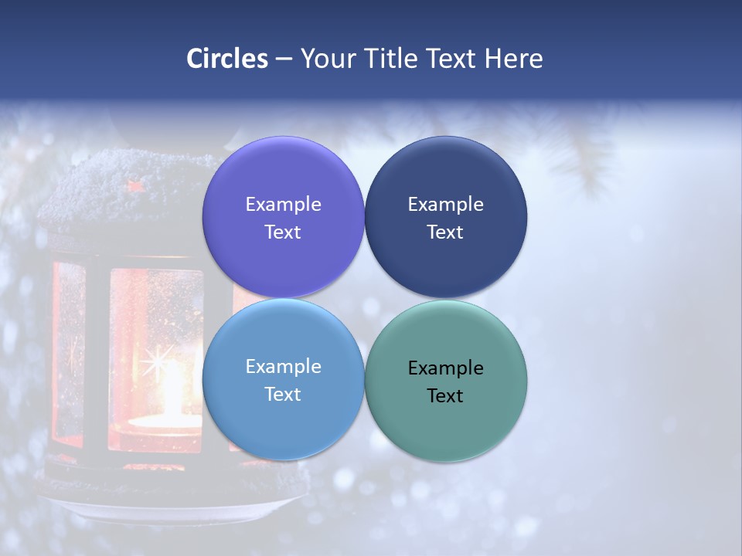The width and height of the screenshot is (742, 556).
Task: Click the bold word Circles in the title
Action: click(x=227, y=59)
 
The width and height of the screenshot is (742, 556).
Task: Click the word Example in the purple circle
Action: click(x=283, y=204)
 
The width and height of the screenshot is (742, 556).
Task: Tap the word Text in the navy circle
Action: click(x=445, y=232)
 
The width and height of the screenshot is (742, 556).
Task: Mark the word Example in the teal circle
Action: click(x=445, y=368)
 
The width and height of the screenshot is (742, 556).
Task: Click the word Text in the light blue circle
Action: click(x=283, y=394)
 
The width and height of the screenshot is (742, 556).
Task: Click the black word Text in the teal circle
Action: click(x=445, y=395)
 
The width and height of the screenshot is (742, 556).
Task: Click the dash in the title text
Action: click(x=284, y=59)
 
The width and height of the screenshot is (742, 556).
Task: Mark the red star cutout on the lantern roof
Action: click(x=137, y=186)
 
